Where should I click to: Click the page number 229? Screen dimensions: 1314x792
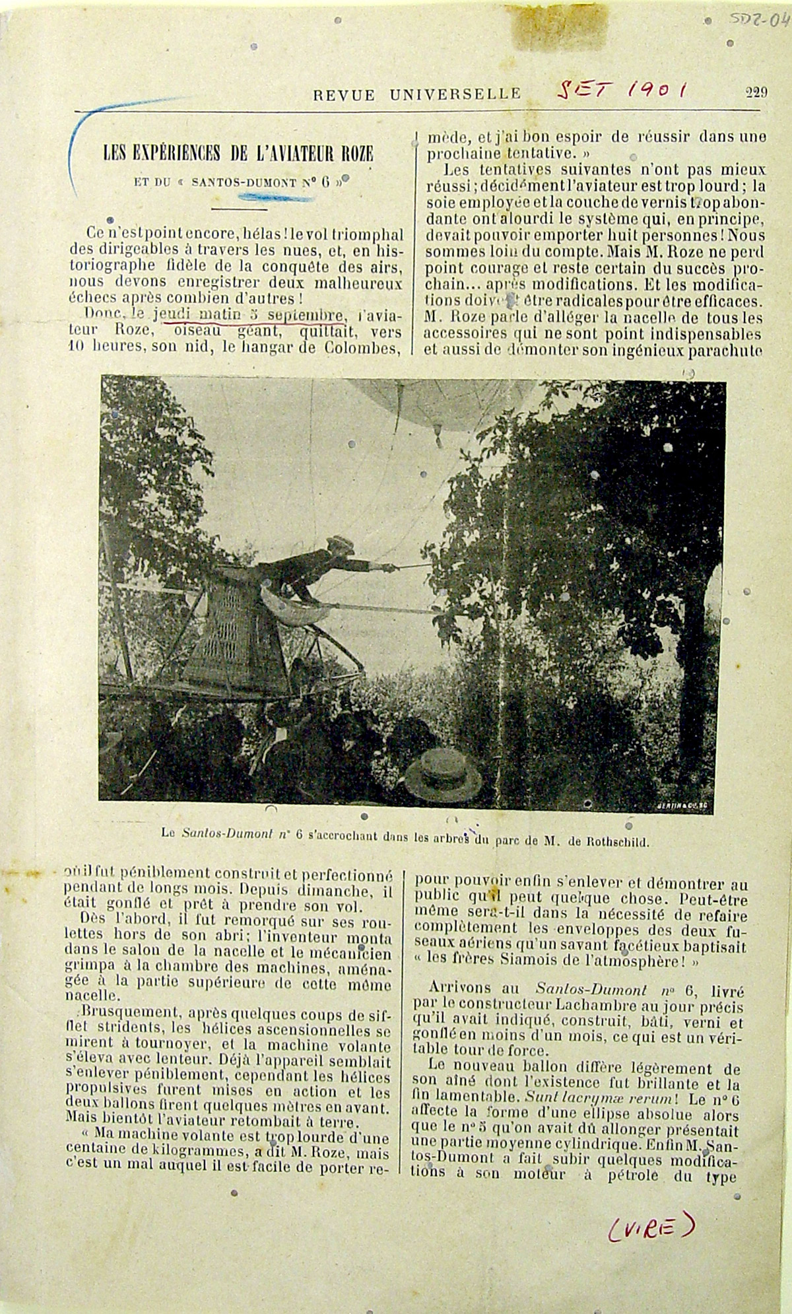point(756,92)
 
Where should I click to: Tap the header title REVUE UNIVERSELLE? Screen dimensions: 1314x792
point(417,95)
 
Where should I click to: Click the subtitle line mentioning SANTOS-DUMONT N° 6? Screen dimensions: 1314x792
point(238,181)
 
